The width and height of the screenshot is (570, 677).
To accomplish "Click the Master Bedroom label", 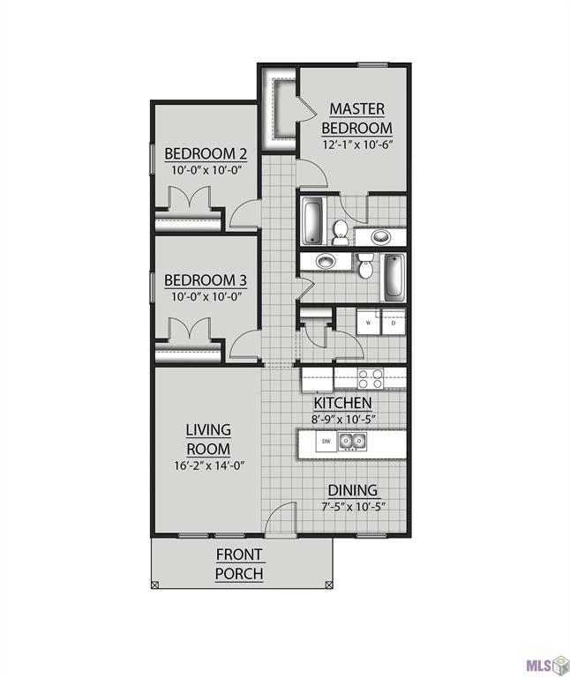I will (356, 118).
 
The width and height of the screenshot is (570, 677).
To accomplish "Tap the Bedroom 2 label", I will (206, 153).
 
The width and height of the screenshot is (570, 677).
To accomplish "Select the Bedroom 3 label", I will (206, 280).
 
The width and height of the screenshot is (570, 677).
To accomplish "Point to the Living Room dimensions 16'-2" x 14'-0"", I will (208, 466).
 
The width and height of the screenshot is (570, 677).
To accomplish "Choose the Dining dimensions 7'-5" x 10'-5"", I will (352, 506).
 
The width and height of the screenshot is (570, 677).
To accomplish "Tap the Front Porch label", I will (238, 564).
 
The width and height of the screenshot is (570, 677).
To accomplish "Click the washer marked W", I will (368, 323).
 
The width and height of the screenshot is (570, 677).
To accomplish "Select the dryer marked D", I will (394, 323).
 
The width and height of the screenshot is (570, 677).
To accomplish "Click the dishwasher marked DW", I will (326, 442).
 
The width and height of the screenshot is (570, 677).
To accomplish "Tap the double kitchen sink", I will (354, 442).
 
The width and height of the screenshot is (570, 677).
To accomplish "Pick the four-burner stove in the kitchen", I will (371, 378).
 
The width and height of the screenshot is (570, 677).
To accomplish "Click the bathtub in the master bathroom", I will (313, 221).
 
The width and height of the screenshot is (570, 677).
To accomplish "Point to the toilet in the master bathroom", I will (341, 231).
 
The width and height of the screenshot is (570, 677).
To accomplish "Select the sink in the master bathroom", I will (381, 235).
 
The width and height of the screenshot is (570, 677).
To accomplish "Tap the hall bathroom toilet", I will (365, 265).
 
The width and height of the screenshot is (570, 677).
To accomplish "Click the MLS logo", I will (546, 661).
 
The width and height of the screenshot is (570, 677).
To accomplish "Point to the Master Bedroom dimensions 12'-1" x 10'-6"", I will (356, 145).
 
